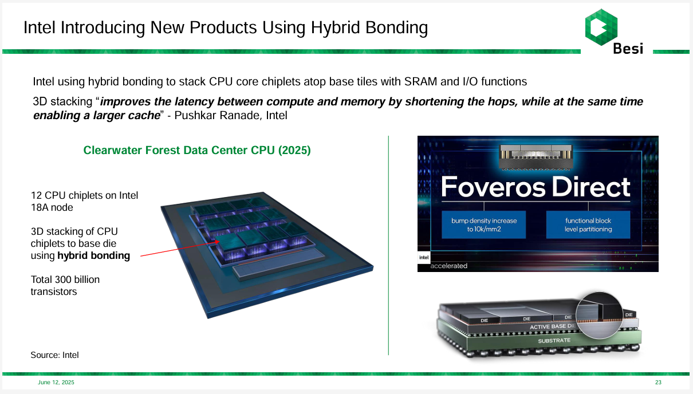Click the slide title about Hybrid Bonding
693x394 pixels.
(x=225, y=27)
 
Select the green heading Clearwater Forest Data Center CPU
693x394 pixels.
(x=197, y=151)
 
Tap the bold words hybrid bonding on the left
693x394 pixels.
(x=93, y=255)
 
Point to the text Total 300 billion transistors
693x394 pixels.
(x=65, y=285)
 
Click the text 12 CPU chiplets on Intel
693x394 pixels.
(x=84, y=195)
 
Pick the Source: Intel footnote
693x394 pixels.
(x=54, y=355)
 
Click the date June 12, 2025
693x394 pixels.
(x=56, y=382)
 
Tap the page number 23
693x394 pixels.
(x=658, y=382)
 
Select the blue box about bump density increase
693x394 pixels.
(x=484, y=224)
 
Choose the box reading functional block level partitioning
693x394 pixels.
(x=588, y=224)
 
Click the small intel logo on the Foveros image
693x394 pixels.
(x=423, y=257)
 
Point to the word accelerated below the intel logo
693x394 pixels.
(x=448, y=266)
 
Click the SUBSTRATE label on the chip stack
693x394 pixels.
(x=554, y=340)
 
